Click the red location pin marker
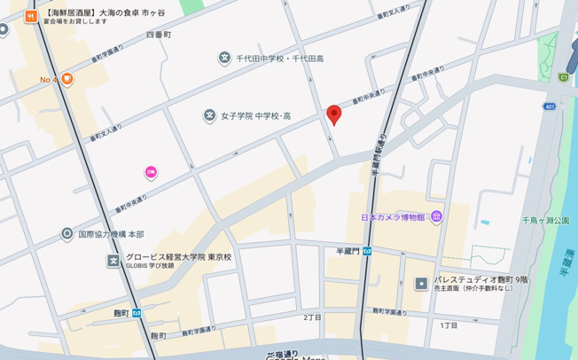333,114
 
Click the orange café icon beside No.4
67,79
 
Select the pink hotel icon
151,172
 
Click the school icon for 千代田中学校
224,59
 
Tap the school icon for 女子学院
210,115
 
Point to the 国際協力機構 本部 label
111,234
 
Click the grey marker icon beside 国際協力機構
67,234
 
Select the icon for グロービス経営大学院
113,261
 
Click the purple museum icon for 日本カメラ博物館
436,217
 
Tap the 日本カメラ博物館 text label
394,217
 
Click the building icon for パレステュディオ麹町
421,284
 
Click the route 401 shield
551,106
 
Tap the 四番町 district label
158,34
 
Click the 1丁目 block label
449,325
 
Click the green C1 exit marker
563,76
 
